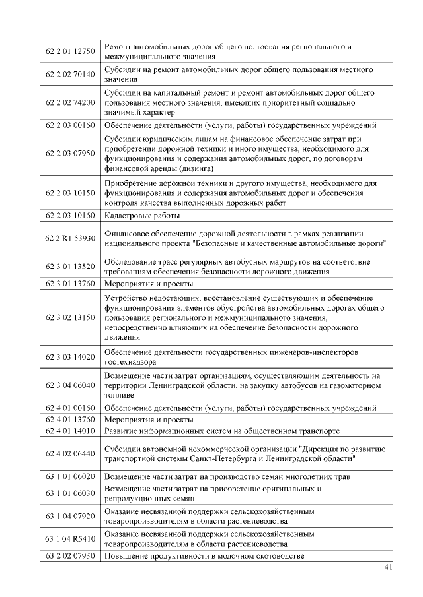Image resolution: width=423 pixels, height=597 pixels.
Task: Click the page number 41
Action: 388,568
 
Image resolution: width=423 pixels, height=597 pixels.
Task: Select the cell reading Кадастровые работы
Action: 142,215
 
